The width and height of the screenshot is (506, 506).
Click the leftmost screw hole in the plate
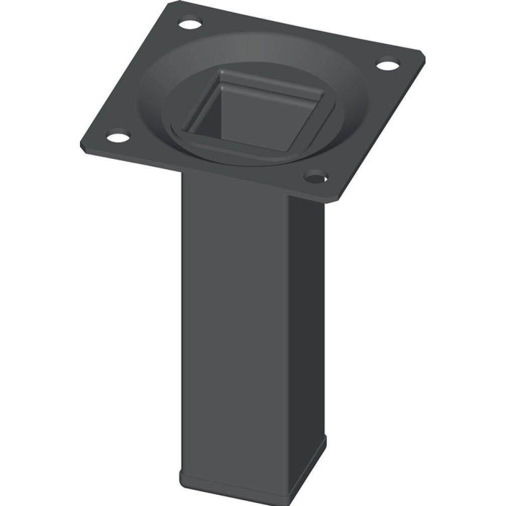point(117,136)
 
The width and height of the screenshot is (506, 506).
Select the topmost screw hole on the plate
point(190,23)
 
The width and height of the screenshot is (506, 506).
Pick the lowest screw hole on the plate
point(315,177)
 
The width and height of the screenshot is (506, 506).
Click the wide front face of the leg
point(234,312)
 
